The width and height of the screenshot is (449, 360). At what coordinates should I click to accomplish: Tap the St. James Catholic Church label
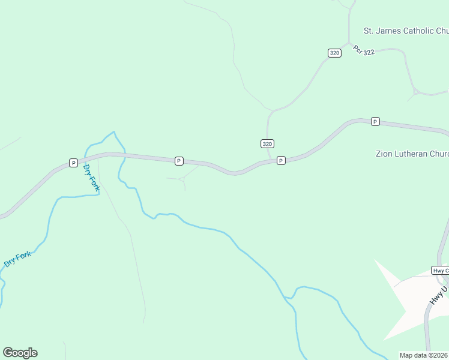pyautogui.click(x=406, y=31)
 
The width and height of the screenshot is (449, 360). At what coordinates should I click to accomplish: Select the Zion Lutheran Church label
pyautogui.click(x=412, y=154)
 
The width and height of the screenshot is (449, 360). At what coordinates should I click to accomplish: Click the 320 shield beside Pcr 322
pyautogui.click(x=334, y=53)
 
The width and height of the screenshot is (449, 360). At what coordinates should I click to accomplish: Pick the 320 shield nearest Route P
pyautogui.click(x=268, y=143)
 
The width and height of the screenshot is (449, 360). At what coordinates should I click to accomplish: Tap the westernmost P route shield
pyautogui.click(x=73, y=163)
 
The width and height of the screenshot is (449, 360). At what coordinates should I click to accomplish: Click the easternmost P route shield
pyautogui.click(x=375, y=121)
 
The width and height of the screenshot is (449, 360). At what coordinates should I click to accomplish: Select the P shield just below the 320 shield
pyautogui.click(x=280, y=161)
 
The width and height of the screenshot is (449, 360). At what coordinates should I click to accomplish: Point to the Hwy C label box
pyautogui.click(x=440, y=271)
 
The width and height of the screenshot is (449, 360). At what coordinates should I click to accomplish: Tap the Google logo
pyautogui.click(x=20, y=353)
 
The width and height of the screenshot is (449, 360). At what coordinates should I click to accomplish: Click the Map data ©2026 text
pyautogui.click(x=424, y=355)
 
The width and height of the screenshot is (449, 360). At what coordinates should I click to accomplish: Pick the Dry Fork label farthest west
pyautogui.click(x=17, y=259)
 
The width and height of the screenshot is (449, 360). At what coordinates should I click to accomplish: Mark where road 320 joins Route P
pyautogui.click(x=271, y=161)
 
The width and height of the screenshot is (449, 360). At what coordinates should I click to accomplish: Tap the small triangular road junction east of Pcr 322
pyautogui.click(x=414, y=93)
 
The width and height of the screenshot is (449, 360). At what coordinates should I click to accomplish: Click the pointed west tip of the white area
pyautogui.click(x=376, y=260)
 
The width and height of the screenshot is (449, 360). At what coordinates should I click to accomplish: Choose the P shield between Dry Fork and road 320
pyautogui.click(x=178, y=161)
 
